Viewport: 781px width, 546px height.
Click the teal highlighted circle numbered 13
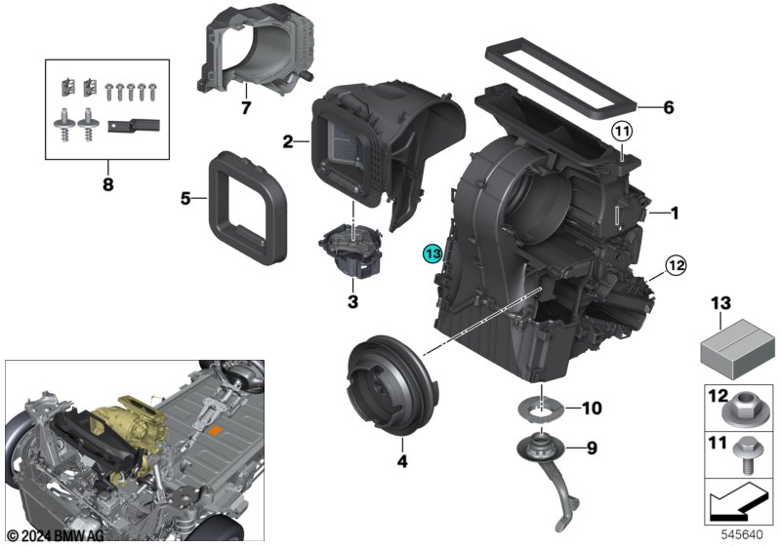click(x=432, y=253)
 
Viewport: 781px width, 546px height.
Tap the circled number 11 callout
click(x=622, y=132)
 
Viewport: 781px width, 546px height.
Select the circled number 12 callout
click(x=676, y=265)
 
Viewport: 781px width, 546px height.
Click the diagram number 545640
click(x=742, y=535)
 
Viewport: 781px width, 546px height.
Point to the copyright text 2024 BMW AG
click(x=56, y=535)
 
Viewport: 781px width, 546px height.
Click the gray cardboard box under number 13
click(x=738, y=349)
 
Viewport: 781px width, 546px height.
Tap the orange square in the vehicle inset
click(x=215, y=431)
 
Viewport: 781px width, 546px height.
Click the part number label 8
click(x=108, y=185)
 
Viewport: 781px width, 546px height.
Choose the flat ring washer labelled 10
click(x=542, y=410)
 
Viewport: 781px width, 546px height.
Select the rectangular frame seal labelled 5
click(x=248, y=208)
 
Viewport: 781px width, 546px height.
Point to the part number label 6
click(x=669, y=107)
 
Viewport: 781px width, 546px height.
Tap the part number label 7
click(x=246, y=108)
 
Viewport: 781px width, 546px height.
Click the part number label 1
click(x=675, y=214)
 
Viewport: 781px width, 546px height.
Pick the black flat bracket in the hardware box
click(x=134, y=126)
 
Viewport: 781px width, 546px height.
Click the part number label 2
click(x=288, y=141)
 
